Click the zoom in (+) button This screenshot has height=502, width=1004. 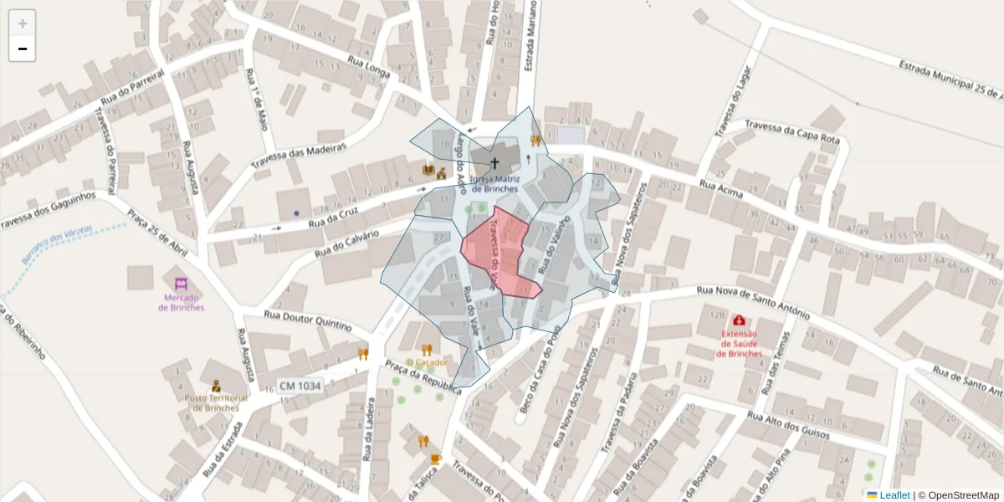(x=22, y=23)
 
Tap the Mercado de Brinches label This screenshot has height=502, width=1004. (x=181, y=302)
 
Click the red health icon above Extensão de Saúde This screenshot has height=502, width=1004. (x=740, y=320)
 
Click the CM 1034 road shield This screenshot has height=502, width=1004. (x=299, y=385)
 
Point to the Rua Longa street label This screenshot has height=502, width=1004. (x=369, y=65)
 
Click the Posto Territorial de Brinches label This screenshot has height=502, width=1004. (x=216, y=402)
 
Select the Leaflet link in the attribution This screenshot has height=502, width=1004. (x=894, y=495)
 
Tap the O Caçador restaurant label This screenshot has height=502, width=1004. (x=427, y=362)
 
